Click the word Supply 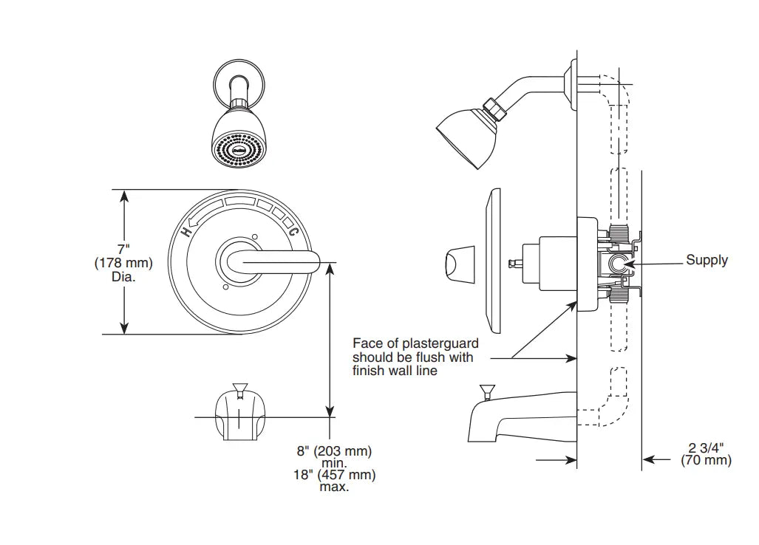pos(707,260)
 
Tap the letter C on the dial pos(293,231)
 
